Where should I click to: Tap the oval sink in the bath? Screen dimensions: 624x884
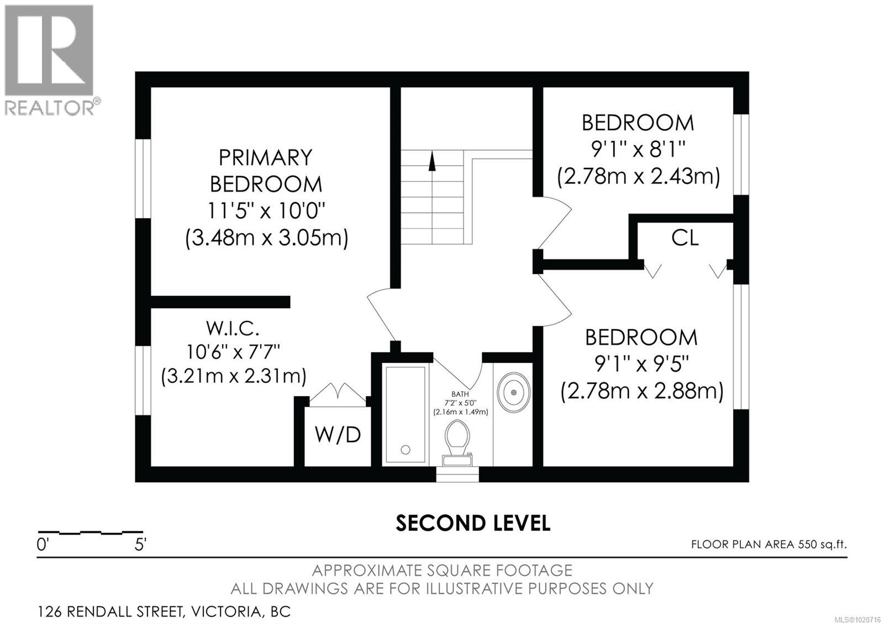[514, 392]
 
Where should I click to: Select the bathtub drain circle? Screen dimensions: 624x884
[406, 450]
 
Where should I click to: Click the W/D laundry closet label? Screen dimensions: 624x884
[338, 435]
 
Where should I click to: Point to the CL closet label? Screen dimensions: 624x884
[685, 238]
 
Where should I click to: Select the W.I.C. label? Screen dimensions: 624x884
[233, 329]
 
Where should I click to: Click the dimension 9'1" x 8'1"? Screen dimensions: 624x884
[638, 149]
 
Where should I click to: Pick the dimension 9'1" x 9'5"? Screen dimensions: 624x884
[641, 364]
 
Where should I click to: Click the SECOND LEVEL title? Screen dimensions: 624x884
[473, 523]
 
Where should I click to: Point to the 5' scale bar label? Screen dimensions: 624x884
[140, 545]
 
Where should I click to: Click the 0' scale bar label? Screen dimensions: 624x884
[43, 545]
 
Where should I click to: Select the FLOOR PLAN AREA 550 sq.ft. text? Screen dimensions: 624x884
[769, 544]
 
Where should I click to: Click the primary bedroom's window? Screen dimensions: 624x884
[143, 178]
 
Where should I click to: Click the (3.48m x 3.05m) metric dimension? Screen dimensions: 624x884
[266, 239]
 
